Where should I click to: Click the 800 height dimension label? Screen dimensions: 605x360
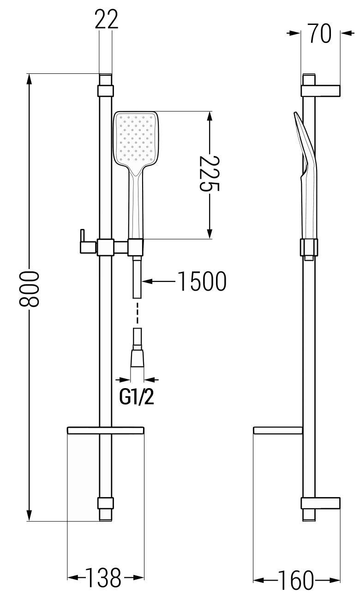(x=29, y=289)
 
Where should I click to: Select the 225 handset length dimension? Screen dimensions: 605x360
(x=209, y=175)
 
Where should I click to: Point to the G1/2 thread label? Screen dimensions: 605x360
(x=137, y=397)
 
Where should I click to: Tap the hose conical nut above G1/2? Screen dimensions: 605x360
(x=138, y=358)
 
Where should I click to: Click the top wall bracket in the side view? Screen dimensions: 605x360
(x=321, y=90)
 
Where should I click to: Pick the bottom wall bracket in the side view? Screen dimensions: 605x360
(x=321, y=503)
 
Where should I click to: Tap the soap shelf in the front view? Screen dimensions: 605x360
(x=106, y=430)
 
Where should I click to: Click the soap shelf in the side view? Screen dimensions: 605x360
(x=278, y=430)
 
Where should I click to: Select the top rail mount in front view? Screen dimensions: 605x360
(x=106, y=90)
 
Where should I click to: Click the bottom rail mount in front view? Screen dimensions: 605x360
(x=106, y=503)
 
